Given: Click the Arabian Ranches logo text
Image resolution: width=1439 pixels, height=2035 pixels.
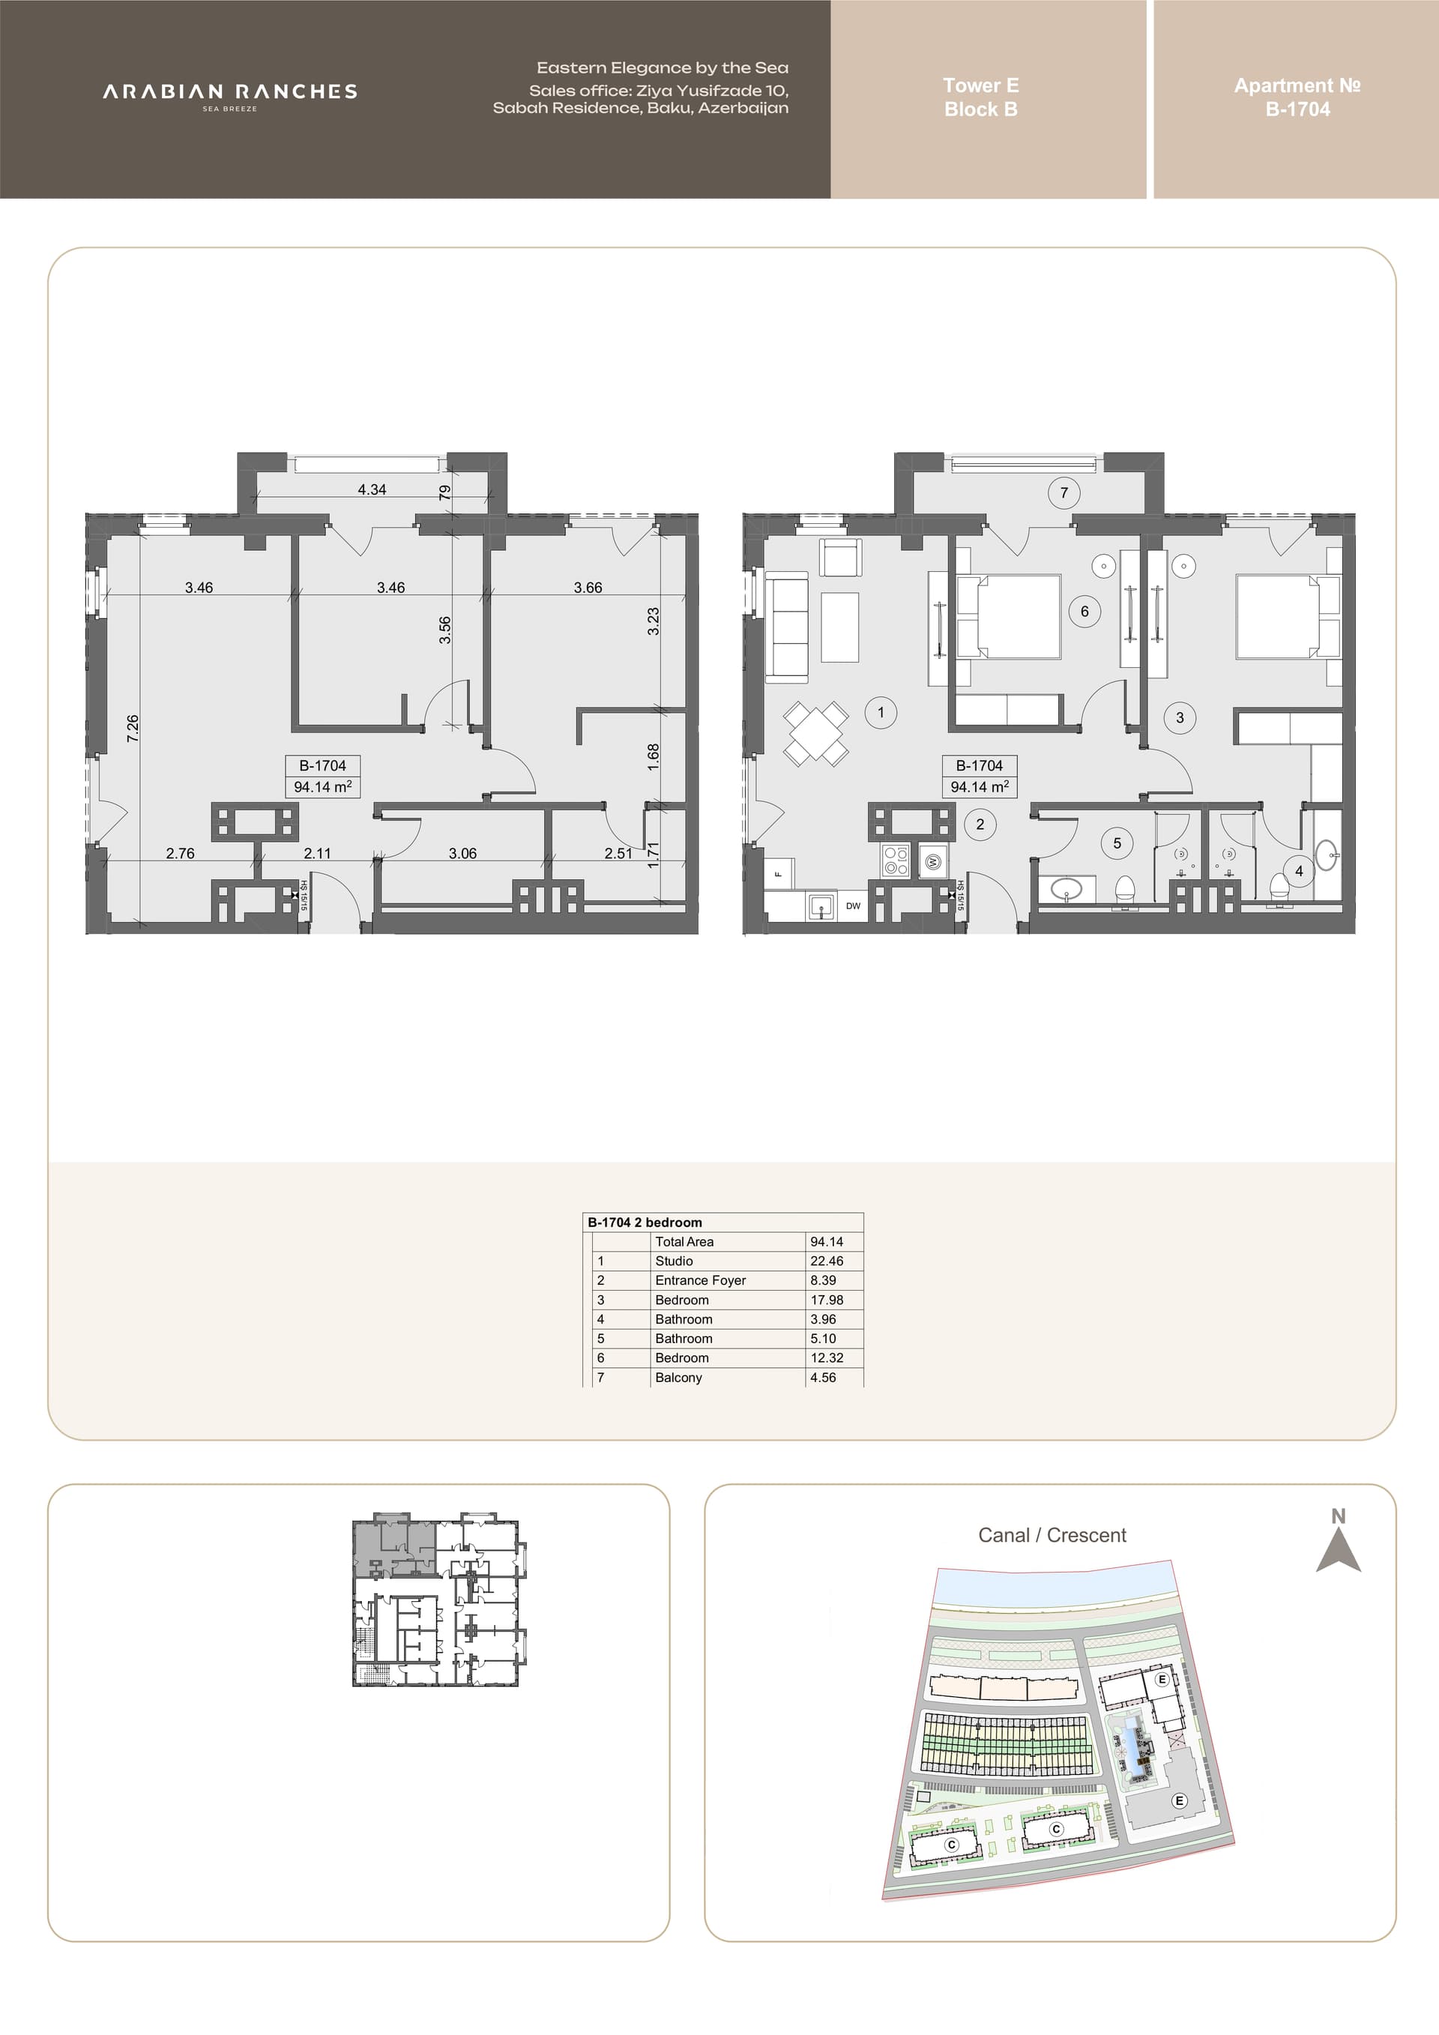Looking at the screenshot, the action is pos(229,92).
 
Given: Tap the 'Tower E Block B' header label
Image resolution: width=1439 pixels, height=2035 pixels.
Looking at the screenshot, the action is pos(980,97).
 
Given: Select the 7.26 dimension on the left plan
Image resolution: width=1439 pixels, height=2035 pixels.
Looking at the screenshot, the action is pos(133,728).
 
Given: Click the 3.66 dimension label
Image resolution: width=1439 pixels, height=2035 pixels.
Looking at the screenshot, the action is pos(588,588).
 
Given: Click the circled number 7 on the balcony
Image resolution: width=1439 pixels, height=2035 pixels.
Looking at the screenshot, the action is pos(1064,492).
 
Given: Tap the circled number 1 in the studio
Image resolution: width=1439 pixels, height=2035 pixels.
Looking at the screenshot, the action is pos(880,713).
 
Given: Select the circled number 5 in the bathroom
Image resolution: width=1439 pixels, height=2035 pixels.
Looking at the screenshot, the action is pos(1117,843).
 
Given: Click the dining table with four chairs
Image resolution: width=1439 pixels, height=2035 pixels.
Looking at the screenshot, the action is pos(815,733).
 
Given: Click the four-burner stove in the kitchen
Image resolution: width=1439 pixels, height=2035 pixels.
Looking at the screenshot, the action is pos(895,860).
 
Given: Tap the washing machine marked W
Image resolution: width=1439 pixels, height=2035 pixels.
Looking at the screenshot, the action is pos(933,860).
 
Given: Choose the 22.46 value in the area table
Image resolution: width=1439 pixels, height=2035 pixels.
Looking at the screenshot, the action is pos(827,1261).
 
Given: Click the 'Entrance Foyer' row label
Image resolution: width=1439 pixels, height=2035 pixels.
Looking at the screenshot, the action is pos(700,1280).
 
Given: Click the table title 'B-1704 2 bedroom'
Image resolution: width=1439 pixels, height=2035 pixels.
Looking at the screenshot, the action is pos(645,1222).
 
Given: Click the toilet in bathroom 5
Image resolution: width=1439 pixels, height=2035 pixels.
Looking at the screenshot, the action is pos(1124,889).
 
